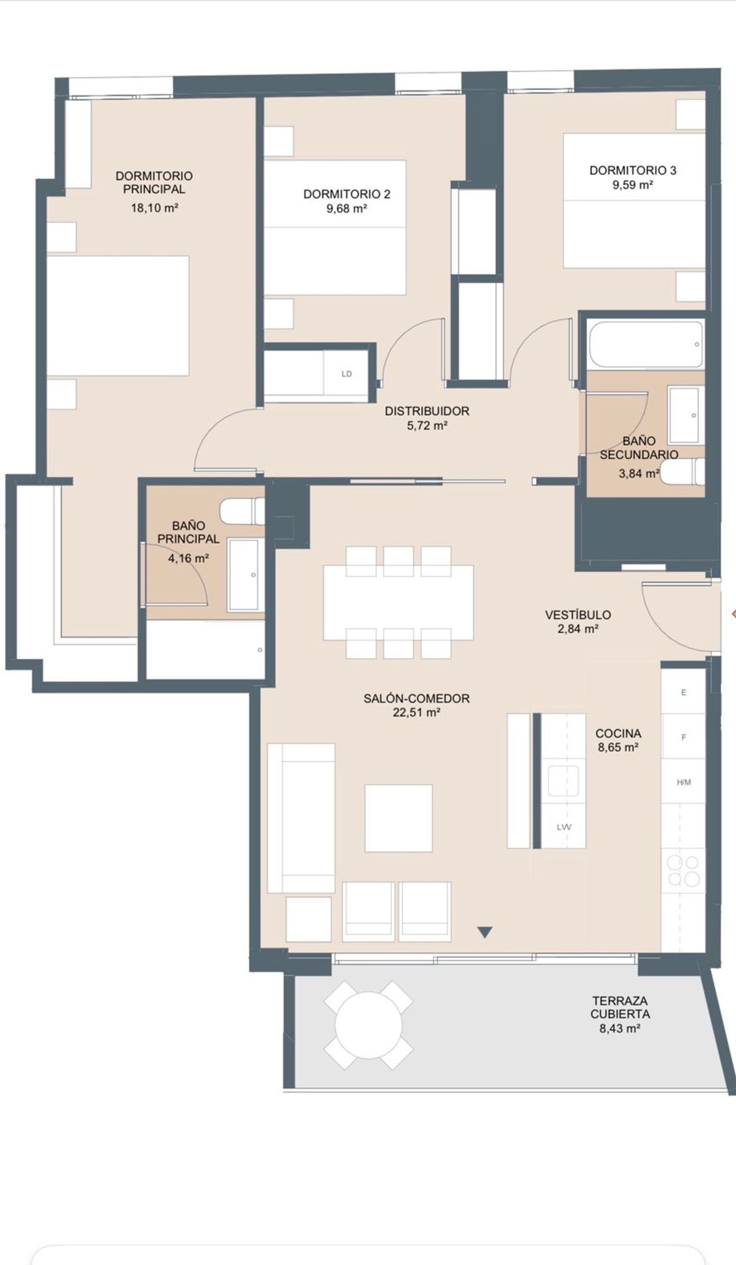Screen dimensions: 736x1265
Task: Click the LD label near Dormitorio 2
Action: (x=346, y=374)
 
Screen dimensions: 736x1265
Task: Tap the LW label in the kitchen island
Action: (x=564, y=827)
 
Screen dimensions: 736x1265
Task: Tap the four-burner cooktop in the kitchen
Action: (x=683, y=870)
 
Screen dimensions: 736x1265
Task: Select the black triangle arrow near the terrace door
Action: (x=485, y=932)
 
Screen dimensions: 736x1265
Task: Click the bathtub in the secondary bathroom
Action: (x=646, y=344)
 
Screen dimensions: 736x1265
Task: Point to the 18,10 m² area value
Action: (x=155, y=208)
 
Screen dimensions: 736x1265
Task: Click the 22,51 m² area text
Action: (x=417, y=712)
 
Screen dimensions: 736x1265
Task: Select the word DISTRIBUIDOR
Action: (x=427, y=411)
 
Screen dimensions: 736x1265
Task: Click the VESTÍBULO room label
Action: (x=578, y=614)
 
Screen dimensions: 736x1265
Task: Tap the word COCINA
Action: (x=618, y=734)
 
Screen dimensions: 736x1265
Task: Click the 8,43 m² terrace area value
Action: (x=620, y=1029)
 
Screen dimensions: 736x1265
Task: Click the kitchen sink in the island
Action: (x=563, y=781)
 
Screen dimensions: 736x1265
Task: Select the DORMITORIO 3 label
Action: (x=633, y=170)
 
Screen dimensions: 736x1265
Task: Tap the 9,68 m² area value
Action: (x=346, y=208)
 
